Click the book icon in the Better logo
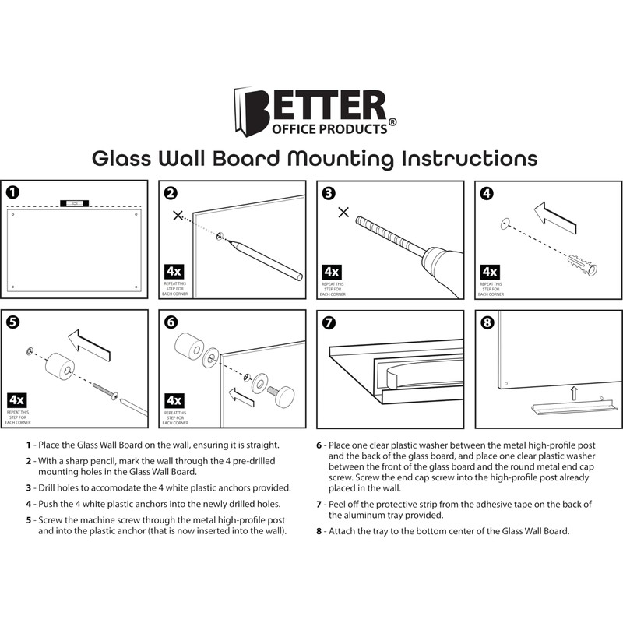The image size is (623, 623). [x=245, y=111]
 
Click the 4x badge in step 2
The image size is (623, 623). [x=174, y=272]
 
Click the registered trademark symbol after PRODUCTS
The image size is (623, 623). [x=392, y=122]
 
